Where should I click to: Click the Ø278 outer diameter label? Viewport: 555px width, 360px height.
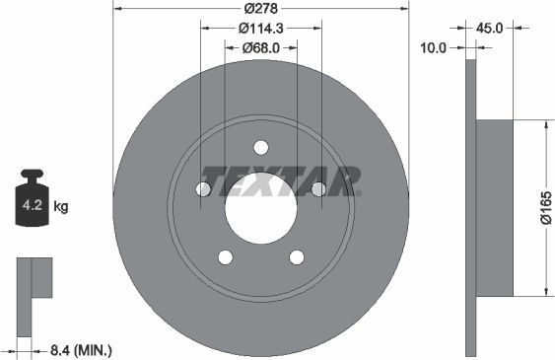(x=261, y=8)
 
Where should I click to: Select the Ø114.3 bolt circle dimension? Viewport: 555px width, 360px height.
(x=261, y=28)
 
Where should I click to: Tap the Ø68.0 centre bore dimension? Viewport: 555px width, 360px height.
(x=261, y=46)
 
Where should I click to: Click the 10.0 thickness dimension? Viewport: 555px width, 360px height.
(x=433, y=46)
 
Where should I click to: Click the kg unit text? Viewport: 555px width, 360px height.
(x=61, y=206)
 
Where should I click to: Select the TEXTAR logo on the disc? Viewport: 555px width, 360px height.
(x=279, y=180)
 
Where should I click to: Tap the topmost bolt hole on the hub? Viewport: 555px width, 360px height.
(x=260, y=148)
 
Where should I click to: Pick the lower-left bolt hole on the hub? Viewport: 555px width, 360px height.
(x=226, y=257)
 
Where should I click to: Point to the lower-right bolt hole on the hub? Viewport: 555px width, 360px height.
(x=296, y=257)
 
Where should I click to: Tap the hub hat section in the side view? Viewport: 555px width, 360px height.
(x=494, y=207)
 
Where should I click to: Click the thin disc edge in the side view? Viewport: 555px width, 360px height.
(x=469, y=207)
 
